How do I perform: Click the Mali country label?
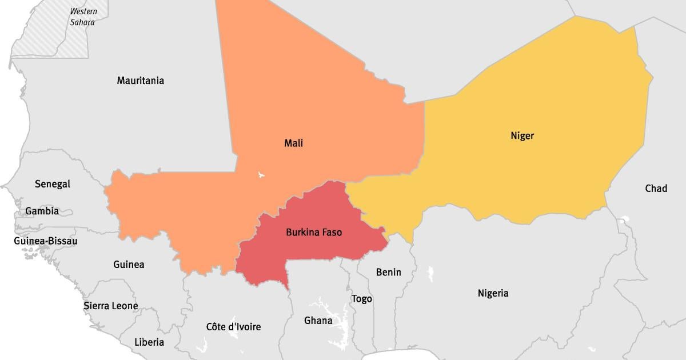[293, 143]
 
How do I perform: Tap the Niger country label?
[522, 135]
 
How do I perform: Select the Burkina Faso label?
[314, 233]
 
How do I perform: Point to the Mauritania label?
[140, 81]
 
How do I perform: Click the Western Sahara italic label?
[83, 17]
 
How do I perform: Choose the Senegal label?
[52, 184]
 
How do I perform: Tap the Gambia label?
[42, 211]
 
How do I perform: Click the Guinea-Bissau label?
[46, 241]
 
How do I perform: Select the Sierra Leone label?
[110, 306]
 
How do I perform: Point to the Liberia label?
[149, 342]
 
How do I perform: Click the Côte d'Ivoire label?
[233, 327]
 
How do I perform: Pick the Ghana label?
[318, 321]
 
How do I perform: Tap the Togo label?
[361, 299]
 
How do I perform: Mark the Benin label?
[388, 272]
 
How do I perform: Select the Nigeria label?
[493, 293]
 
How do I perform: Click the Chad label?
[656, 188]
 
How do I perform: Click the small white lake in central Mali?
[261, 174]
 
